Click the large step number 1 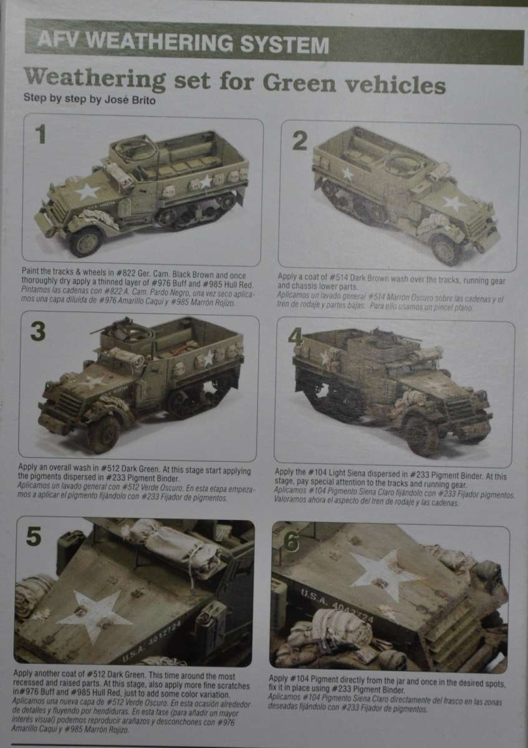pos(41,133)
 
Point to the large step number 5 pos(34,536)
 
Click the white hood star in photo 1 pos(87,192)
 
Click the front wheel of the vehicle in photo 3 pos(104,433)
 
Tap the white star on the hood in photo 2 pos(454,203)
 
